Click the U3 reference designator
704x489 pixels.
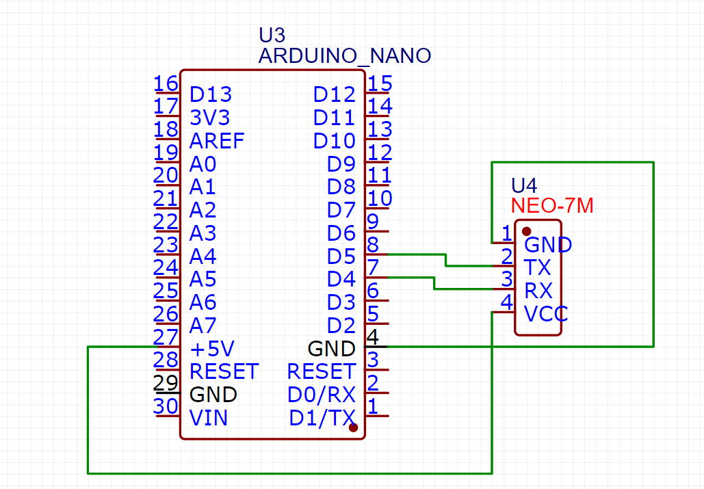click(272, 36)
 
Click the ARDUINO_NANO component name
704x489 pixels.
click(344, 56)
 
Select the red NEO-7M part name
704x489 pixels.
click(552, 205)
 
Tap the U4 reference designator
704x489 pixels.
click(524, 185)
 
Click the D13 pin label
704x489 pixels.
click(211, 94)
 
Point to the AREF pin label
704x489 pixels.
click(217, 141)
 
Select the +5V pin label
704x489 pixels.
click(212, 349)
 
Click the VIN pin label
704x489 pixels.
click(209, 418)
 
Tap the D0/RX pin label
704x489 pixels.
click(322, 395)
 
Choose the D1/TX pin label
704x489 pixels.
click(322, 418)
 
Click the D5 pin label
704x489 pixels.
click(341, 256)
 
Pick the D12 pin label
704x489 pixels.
click(335, 94)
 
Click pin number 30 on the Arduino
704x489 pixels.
click(166, 406)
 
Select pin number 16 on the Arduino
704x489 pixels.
click(166, 83)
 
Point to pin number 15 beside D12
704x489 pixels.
click(380, 83)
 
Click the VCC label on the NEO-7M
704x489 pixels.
click(545, 314)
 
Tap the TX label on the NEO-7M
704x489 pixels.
click(537, 267)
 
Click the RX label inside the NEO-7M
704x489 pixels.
click(538, 291)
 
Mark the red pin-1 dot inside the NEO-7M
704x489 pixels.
click(526, 231)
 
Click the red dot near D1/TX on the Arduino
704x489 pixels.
click(353, 427)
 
